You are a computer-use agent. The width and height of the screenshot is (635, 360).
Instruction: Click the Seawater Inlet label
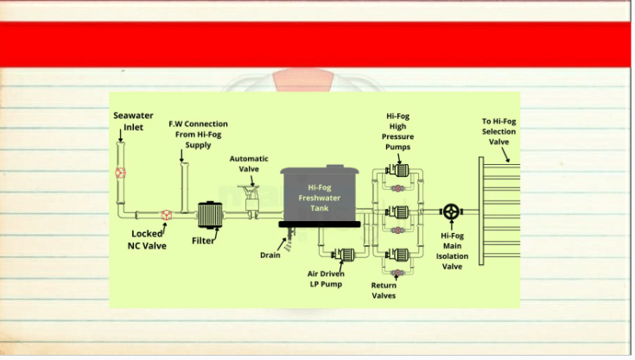(133, 122)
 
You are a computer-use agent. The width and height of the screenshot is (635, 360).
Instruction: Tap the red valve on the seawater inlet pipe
(120, 174)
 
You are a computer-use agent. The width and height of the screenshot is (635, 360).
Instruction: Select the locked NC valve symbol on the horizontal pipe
(167, 215)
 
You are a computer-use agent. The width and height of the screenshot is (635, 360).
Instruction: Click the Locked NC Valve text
(147, 239)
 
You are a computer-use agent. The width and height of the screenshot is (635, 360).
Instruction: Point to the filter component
(210, 215)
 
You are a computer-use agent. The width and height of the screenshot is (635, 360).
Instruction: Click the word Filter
(203, 241)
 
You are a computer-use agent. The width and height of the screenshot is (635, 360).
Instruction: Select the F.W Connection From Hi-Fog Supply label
(198, 135)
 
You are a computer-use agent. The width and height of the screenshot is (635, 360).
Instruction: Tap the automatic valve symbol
(252, 201)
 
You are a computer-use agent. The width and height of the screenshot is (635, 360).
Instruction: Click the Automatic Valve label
(249, 164)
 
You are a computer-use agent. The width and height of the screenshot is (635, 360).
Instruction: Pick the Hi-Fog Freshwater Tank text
(320, 198)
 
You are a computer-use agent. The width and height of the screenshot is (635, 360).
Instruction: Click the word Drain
(270, 256)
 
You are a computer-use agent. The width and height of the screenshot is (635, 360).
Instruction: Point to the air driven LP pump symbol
(344, 255)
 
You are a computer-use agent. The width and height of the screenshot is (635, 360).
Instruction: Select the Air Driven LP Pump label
(326, 279)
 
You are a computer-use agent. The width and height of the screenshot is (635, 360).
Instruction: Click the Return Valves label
(384, 290)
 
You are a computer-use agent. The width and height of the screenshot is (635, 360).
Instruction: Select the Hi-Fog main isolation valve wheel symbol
(451, 212)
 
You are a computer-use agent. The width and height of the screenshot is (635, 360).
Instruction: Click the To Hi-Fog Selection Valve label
(499, 131)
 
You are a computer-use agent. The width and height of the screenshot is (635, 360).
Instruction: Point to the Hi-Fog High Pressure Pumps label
(397, 131)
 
